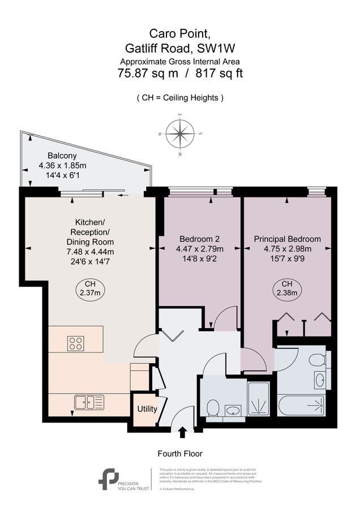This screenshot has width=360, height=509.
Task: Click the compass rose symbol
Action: (x=181, y=134)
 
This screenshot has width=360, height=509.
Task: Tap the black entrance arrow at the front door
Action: (x=182, y=433)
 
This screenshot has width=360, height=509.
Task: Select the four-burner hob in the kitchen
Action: (x=76, y=343)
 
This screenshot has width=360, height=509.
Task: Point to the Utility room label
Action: (x=147, y=409)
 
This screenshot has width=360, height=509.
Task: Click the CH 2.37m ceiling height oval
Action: (x=89, y=288)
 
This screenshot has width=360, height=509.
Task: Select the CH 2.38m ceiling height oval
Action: (x=287, y=288)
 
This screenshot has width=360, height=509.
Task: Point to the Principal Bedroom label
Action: (x=287, y=239)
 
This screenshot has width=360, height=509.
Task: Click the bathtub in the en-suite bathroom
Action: (x=301, y=406)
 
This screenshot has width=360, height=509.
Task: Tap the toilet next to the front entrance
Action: (x=213, y=408)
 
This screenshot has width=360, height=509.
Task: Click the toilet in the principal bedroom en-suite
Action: (x=319, y=360)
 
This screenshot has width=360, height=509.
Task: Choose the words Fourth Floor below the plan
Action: (x=179, y=454)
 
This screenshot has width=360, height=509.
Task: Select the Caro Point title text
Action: (x=179, y=35)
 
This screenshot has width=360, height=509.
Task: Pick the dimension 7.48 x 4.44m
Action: (x=91, y=252)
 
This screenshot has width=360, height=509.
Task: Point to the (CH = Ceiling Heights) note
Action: (x=180, y=98)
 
